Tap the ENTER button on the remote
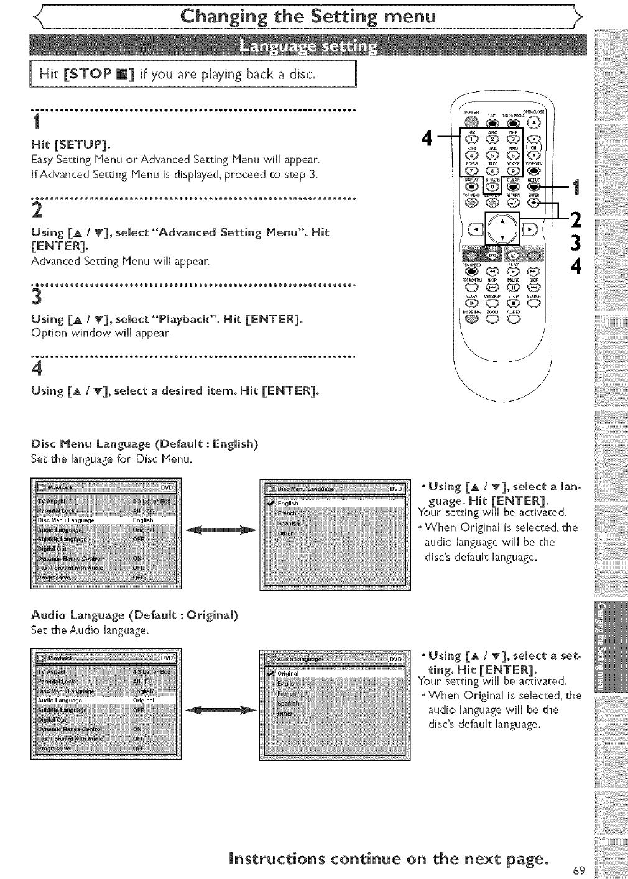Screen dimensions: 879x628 pos(533,201)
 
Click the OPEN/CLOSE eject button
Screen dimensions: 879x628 pos(533,122)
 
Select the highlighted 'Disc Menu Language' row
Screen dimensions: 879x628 pos(106,520)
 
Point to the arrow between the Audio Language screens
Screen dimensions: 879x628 pos(221,709)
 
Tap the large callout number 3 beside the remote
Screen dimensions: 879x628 pos(576,242)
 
